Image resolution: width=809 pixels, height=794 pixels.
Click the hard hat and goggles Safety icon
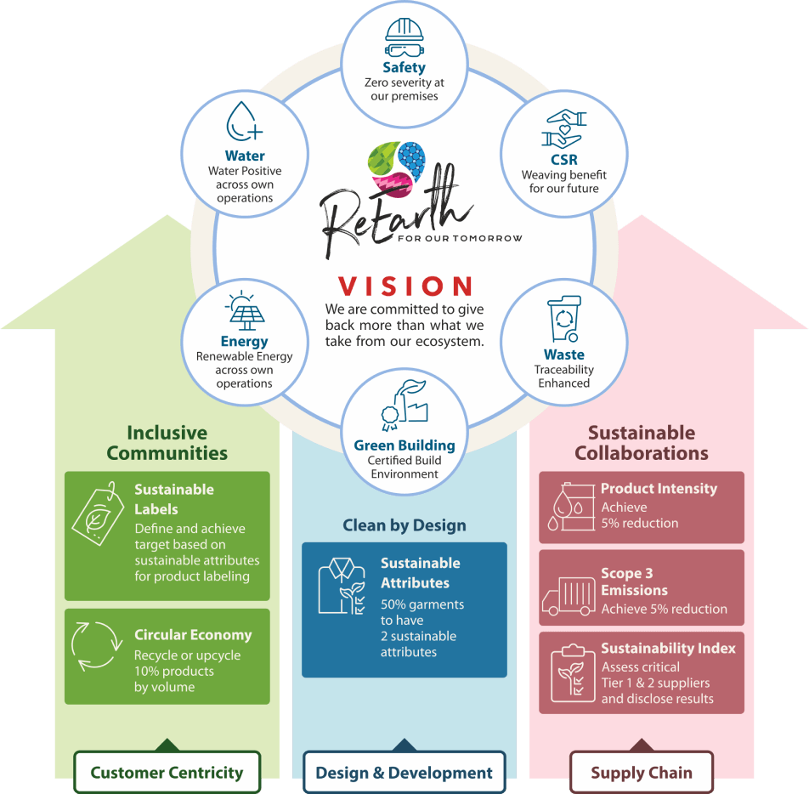pos(404,37)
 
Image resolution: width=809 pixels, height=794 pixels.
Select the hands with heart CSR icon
pos(564,129)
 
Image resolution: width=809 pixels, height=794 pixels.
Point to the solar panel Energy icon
pos(245,311)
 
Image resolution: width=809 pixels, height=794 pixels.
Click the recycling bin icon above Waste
pos(564,319)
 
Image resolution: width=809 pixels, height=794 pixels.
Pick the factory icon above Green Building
pos(404,406)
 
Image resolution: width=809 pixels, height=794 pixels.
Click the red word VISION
pos(405,286)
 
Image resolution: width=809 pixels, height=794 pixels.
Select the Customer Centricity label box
pos(167,772)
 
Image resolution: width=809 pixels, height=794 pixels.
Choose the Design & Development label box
pos(404,772)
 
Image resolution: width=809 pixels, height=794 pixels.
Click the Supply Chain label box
pos(642,772)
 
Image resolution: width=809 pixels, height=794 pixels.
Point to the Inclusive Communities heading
pos(167,442)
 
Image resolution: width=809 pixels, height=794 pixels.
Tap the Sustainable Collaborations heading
pos(642,442)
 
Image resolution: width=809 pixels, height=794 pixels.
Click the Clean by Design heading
pos(404,525)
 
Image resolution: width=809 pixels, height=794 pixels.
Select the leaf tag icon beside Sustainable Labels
pos(98,513)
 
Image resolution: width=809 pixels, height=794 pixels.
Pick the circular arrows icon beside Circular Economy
pos(97,646)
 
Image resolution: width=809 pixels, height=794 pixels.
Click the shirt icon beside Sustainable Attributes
pos(342,586)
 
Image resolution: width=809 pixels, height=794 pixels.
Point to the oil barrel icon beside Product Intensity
pos(571,507)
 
